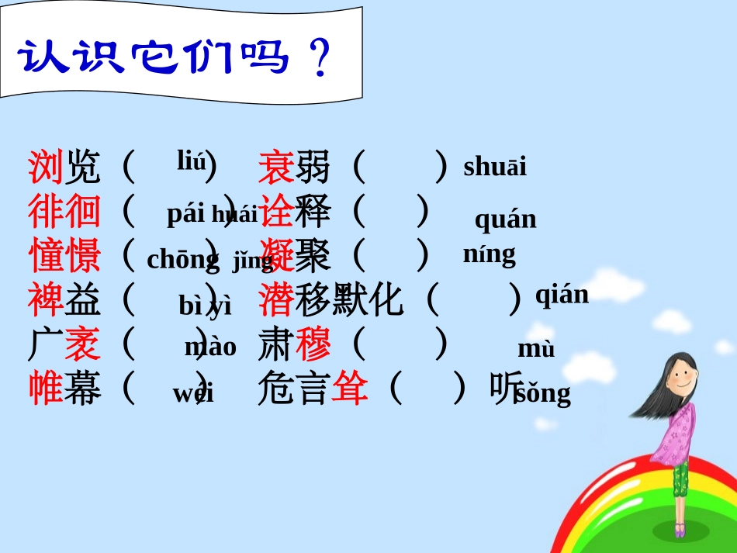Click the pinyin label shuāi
click(x=494, y=167)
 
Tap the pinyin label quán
click(x=505, y=219)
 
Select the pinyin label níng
click(x=489, y=254)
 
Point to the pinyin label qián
click(x=562, y=295)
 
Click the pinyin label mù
click(x=536, y=349)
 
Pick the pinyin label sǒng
click(x=543, y=393)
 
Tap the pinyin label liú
click(x=192, y=161)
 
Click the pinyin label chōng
click(x=183, y=260)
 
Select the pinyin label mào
click(x=210, y=347)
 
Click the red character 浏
click(x=45, y=166)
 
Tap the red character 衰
click(x=275, y=166)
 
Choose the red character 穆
click(x=313, y=344)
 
